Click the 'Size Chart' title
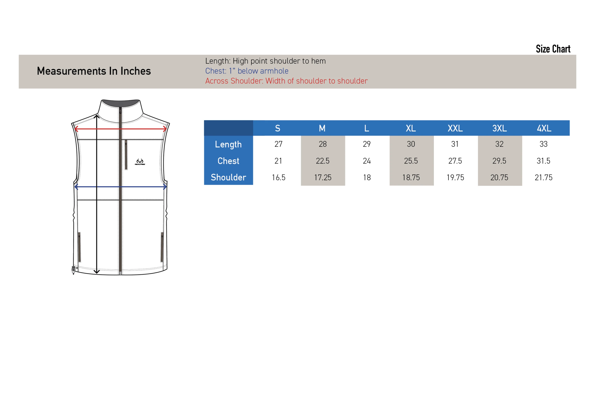tap(553, 49)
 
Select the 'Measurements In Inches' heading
tap(94, 71)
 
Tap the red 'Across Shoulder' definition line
tap(287, 81)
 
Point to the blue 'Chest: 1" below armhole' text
tap(247, 71)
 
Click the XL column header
tap(411, 128)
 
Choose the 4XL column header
tap(544, 128)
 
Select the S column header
tap(278, 128)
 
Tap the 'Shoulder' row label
tap(228, 177)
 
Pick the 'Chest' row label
tap(228, 161)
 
